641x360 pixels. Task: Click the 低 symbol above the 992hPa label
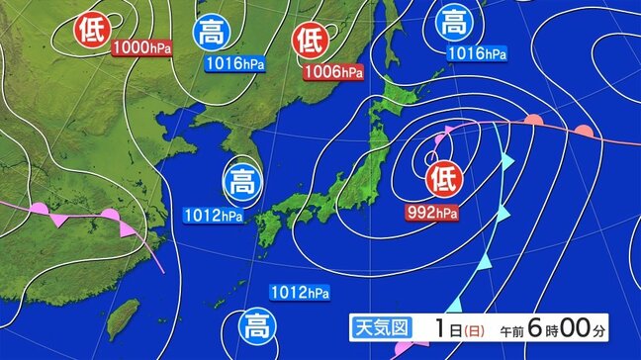(443, 179)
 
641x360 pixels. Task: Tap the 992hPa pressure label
(434, 211)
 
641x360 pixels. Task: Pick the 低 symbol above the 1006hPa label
(310, 41)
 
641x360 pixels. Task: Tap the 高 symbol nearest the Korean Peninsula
(240, 180)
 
